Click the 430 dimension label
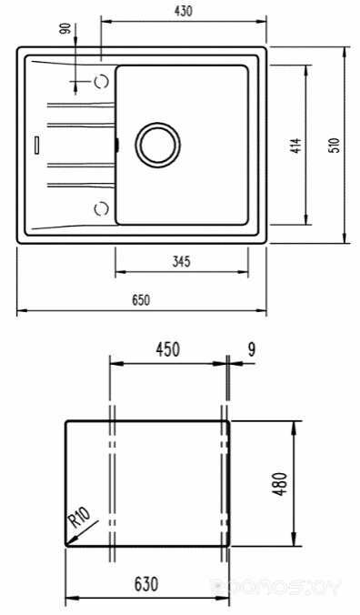pos(184,11)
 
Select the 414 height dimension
pos(297,146)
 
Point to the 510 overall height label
pos(335,146)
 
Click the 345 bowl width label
pos(182,261)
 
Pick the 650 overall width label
pos(141,300)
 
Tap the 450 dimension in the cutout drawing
pos(167,350)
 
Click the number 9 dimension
pos(252,349)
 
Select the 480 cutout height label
pos(281,484)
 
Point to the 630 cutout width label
pos(146,584)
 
